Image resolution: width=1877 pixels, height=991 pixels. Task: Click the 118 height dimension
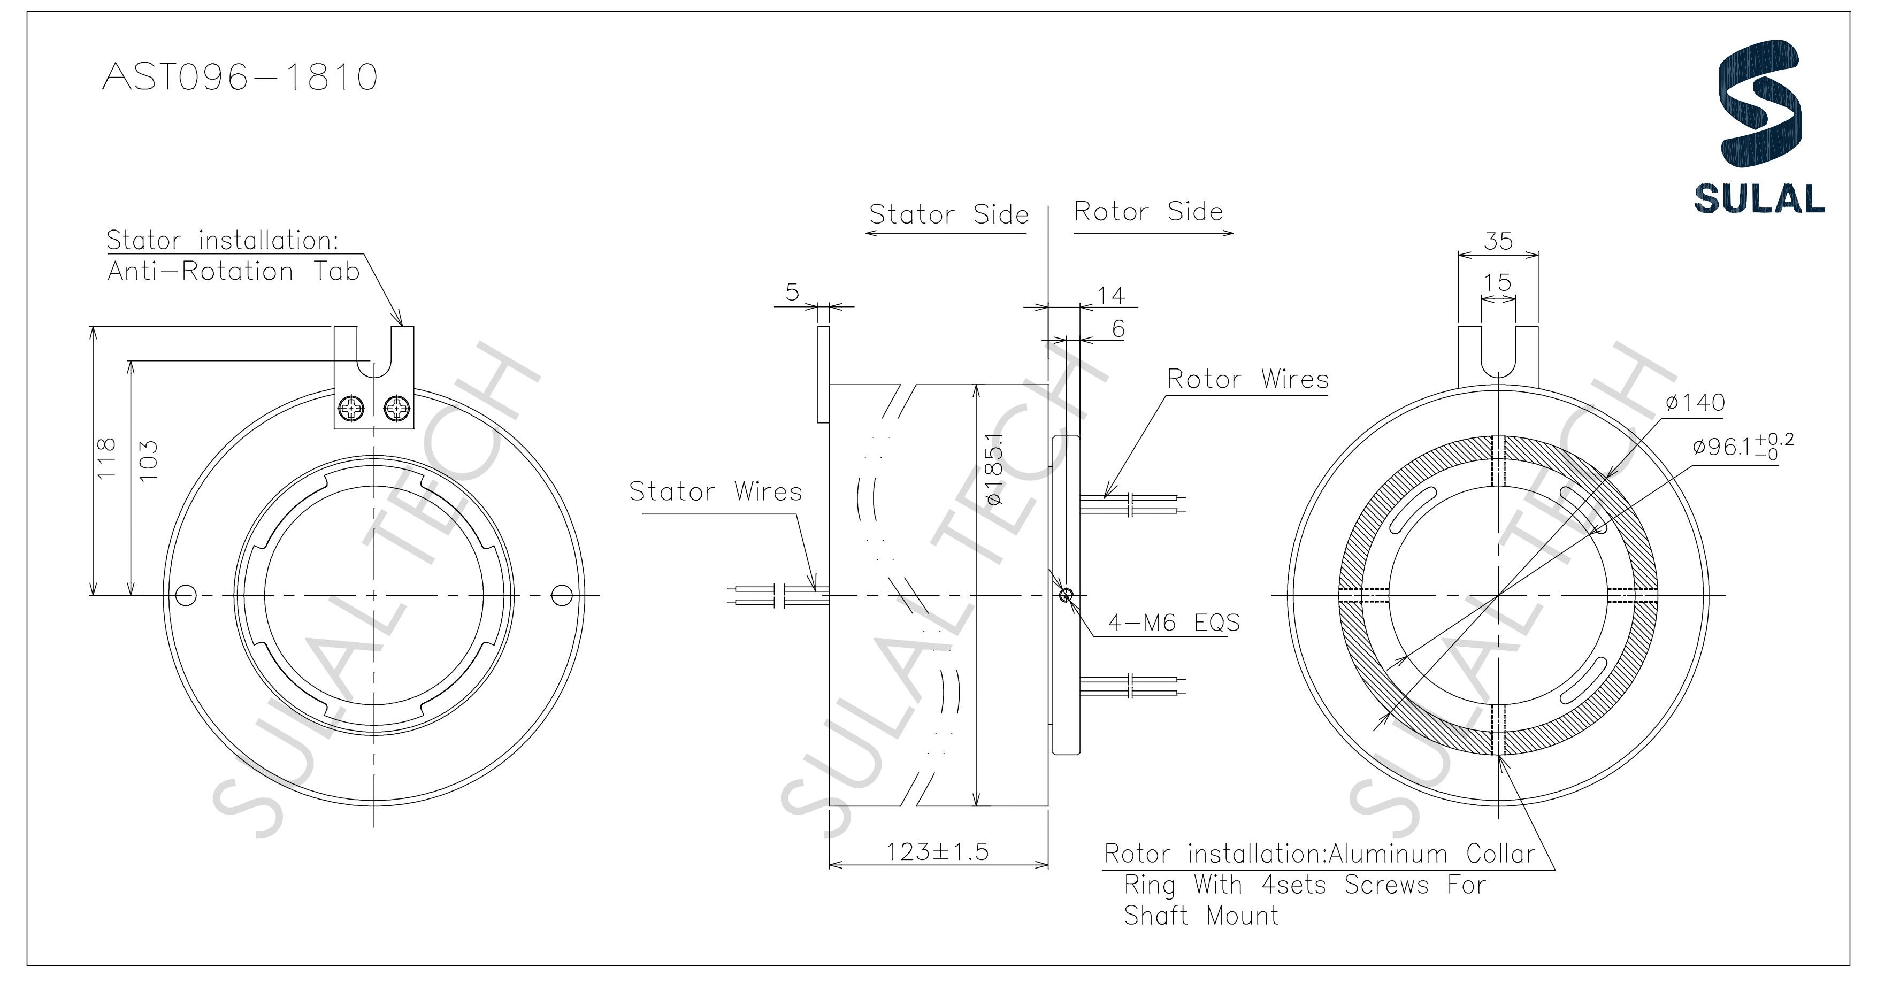click(106, 458)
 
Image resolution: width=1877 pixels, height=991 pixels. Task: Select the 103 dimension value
click(149, 460)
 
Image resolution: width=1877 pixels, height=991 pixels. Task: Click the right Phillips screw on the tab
click(396, 409)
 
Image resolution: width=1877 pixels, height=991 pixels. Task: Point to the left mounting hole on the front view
click(187, 595)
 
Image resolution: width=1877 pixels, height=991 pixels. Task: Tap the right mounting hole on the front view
click(561, 595)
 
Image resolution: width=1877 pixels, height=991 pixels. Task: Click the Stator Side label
click(949, 215)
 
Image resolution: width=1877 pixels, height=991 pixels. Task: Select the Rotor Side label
click(1148, 212)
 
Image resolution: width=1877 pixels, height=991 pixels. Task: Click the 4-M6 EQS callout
click(1173, 623)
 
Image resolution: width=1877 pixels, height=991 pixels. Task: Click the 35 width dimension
click(1498, 241)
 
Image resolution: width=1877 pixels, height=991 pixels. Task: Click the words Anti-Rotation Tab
click(233, 272)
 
